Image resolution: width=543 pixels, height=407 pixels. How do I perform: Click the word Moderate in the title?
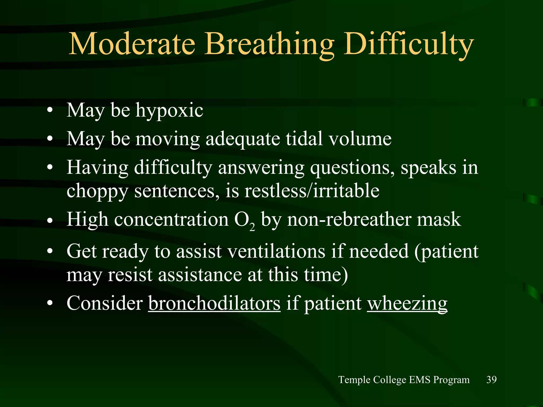pos(132,44)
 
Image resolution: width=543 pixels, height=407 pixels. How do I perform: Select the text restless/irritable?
pos(312,191)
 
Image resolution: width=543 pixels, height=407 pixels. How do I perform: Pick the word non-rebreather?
pos(349,219)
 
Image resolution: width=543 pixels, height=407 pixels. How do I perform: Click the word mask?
pos(439,219)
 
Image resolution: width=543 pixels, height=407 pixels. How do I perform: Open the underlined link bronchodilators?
pos(214,303)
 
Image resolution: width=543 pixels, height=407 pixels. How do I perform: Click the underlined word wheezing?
pos(407,304)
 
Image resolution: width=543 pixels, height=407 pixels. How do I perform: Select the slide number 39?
pos(491,379)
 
